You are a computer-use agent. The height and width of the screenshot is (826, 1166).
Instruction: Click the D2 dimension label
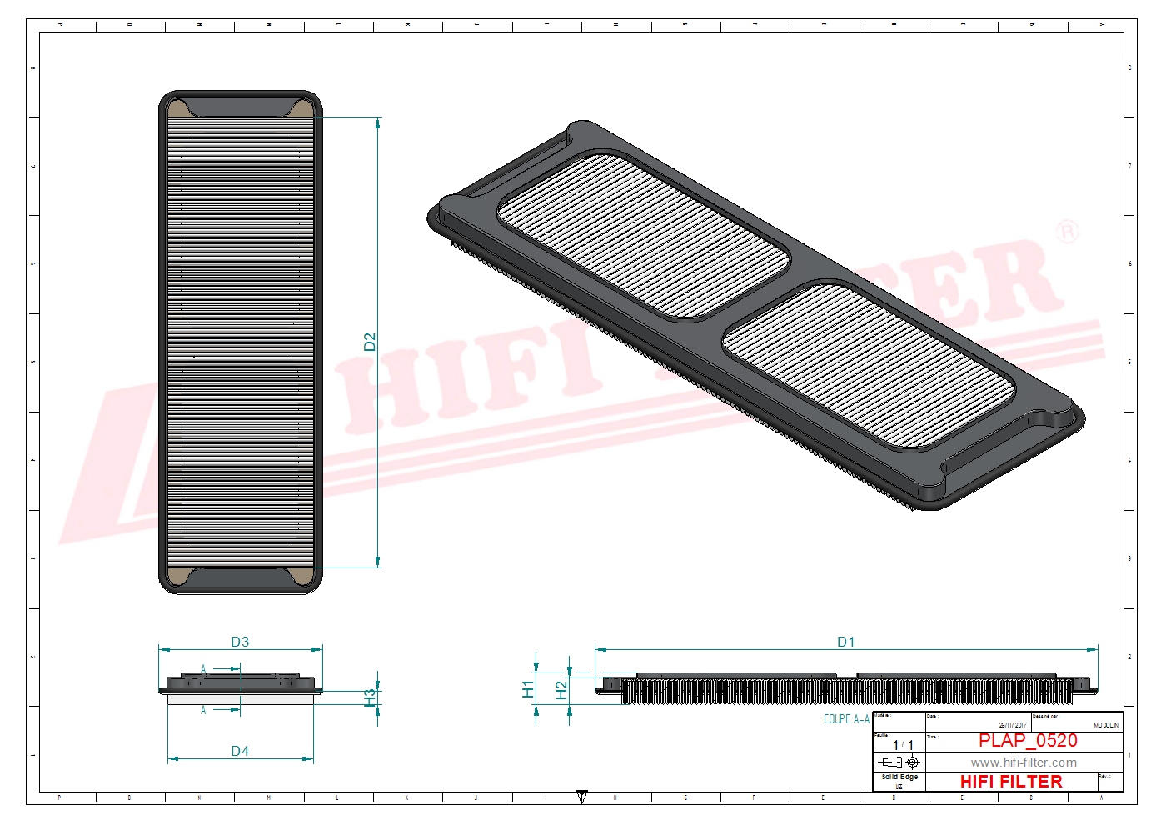(x=370, y=342)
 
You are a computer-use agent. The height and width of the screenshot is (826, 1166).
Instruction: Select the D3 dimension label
(x=240, y=642)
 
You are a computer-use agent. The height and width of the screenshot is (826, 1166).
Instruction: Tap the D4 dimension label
(x=240, y=751)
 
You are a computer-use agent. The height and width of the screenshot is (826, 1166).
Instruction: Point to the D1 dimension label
(x=846, y=642)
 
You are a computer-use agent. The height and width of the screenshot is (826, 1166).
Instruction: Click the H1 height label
(x=528, y=689)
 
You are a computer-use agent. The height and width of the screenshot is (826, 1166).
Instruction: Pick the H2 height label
(x=561, y=690)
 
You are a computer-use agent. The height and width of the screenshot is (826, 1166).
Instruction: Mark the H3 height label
(x=370, y=697)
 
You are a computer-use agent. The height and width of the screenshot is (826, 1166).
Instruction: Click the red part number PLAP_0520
(x=1028, y=740)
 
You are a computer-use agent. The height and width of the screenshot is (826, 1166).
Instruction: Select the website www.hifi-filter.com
(x=1024, y=763)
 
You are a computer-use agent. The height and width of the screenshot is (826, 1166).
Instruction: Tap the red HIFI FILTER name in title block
(x=1011, y=782)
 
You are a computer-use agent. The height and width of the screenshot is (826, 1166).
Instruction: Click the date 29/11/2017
(x=1013, y=726)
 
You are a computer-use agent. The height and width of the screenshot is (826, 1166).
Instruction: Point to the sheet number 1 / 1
(x=903, y=745)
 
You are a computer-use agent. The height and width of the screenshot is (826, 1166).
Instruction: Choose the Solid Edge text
(x=899, y=777)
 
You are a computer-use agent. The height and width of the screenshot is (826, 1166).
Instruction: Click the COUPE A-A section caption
(x=846, y=719)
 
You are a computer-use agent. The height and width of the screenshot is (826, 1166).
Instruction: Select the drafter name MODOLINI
(x=1106, y=726)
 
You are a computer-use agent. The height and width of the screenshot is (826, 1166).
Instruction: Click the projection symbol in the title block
(x=899, y=762)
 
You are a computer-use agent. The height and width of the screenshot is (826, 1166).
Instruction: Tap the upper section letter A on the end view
(x=203, y=669)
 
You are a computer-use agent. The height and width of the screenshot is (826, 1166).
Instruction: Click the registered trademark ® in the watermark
(x=1067, y=232)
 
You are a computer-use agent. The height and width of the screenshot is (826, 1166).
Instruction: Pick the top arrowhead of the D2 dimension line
(x=378, y=123)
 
